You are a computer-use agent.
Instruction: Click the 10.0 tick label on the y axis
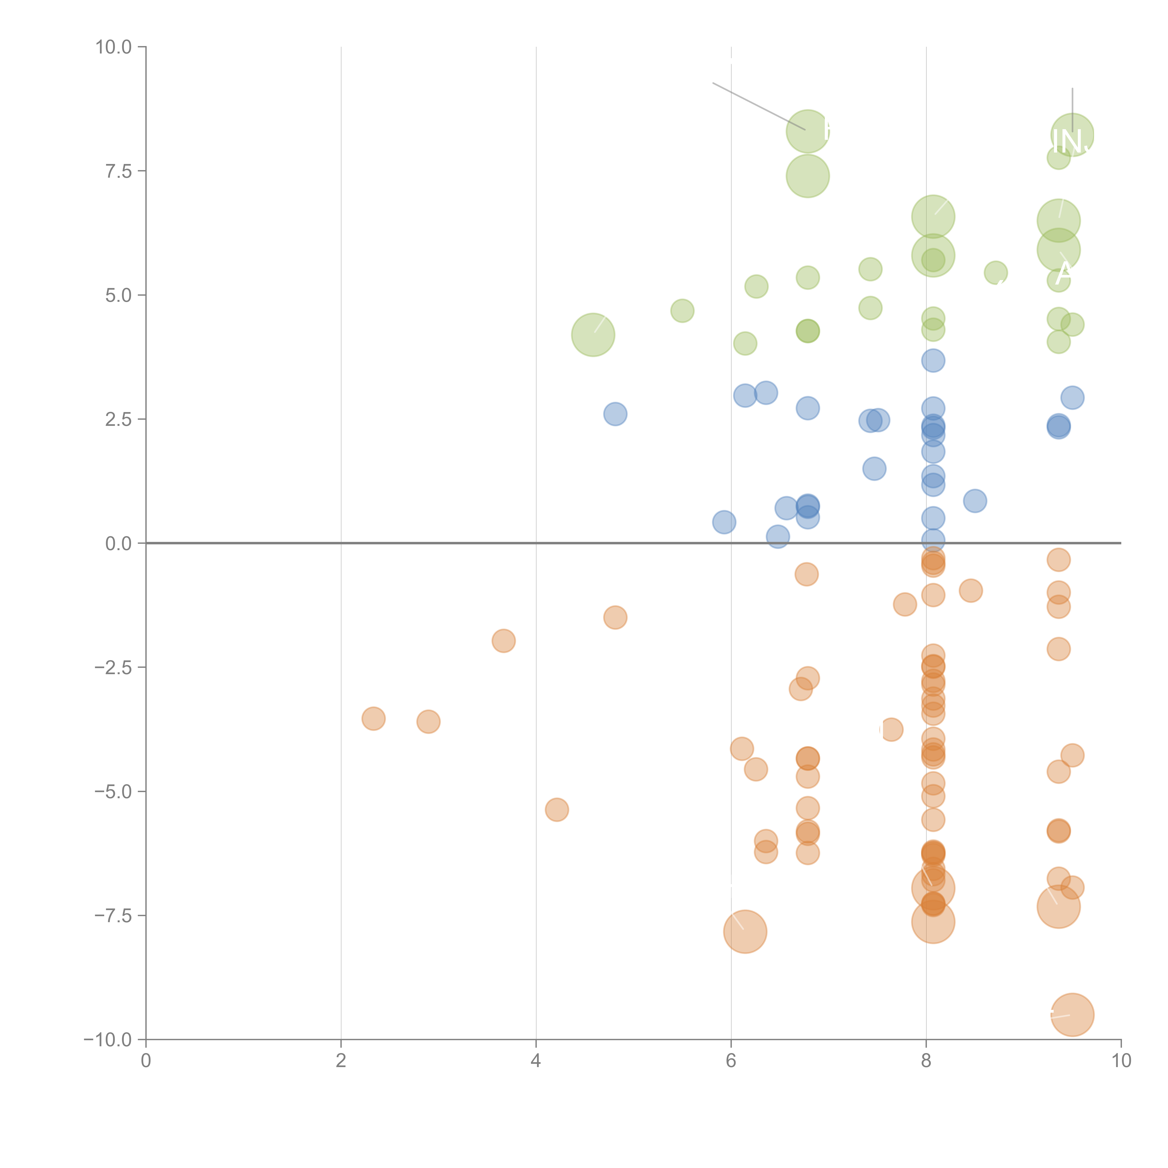click(114, 47)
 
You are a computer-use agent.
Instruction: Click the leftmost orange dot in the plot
click(374, 718)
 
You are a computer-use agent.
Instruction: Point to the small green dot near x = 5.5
click(682, 311)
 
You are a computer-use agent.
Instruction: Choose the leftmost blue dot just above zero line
click(724, 522)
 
